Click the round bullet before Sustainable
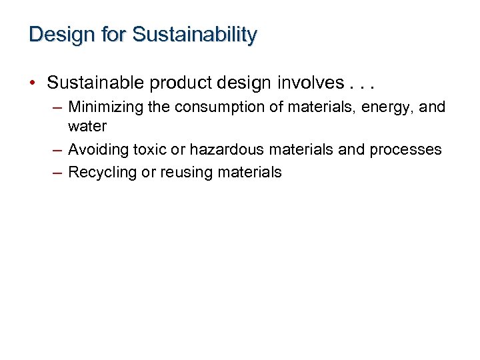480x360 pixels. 33,83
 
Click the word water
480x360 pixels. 87,126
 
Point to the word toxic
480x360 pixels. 150,149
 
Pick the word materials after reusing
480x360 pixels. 249,172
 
